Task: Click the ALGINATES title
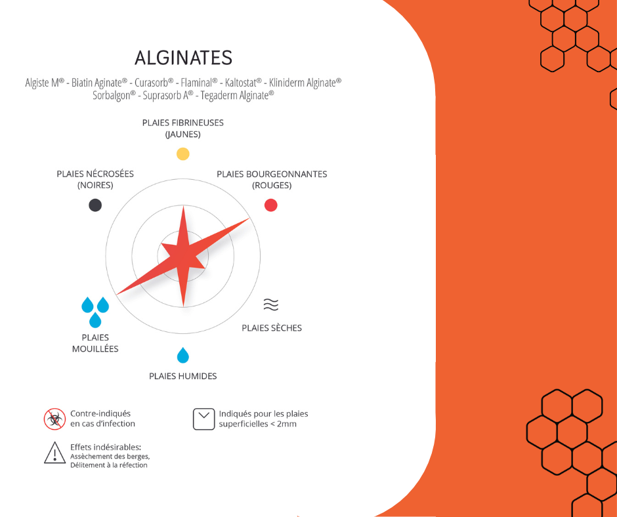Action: pos(183,58)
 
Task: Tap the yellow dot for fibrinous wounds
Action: pos(183,154)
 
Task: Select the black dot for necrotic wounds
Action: pos(95,205)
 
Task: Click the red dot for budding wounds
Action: pos(270,205)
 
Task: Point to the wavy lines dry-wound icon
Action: pos(270,304)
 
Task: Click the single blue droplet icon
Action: pos(183,355)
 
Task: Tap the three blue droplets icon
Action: pos(95,312)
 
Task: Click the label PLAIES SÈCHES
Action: pos(272,328)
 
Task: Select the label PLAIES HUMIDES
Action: pos(183,376)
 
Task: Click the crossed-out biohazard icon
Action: pos(54,419)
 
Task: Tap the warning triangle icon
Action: pos(54,453)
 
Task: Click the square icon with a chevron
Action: pos(204,419)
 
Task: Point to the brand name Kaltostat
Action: pos(243,83)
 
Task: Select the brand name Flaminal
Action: pos(199,83)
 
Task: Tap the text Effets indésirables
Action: pos(106,447)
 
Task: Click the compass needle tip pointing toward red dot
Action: pos(249,218)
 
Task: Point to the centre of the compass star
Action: pos(183,256)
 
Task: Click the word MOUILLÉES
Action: pos(95,348)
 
